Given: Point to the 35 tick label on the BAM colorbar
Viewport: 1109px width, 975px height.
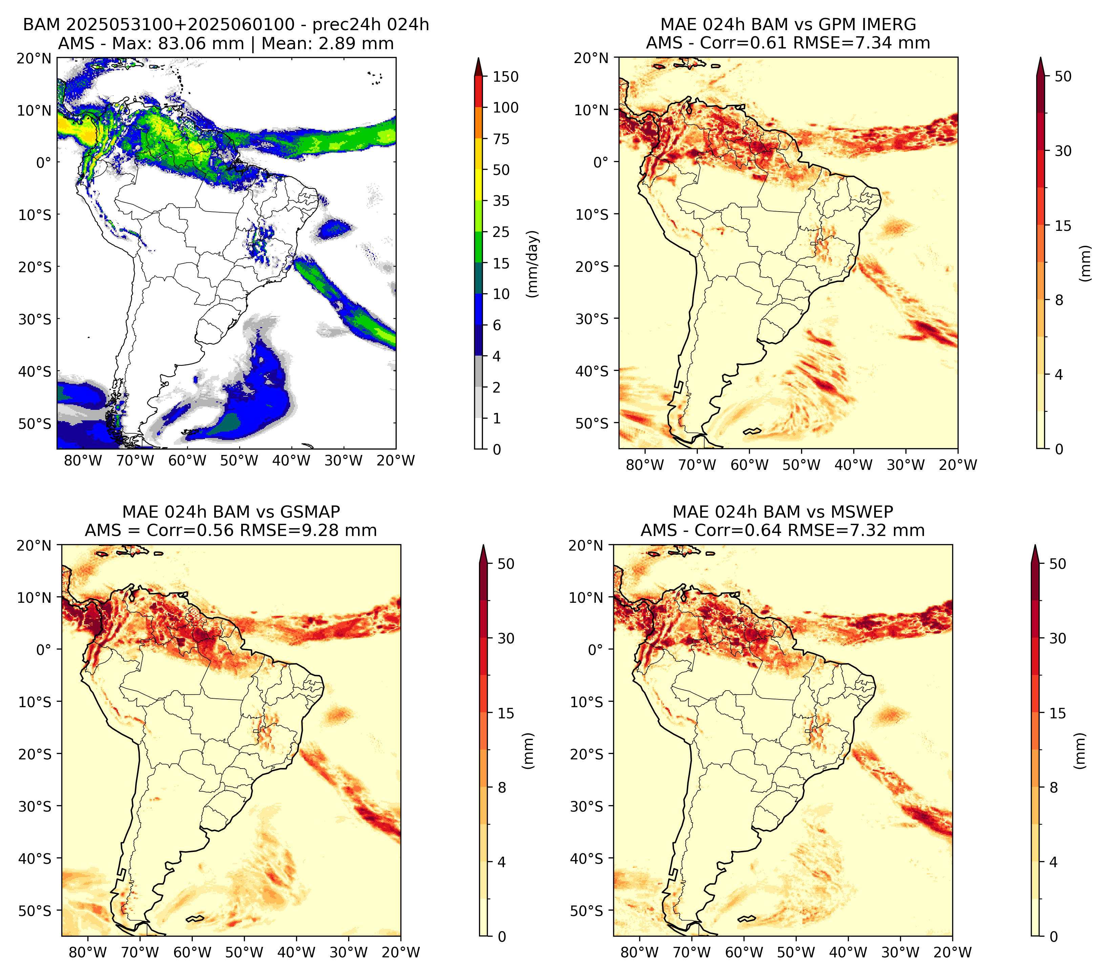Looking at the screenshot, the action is (501, 201).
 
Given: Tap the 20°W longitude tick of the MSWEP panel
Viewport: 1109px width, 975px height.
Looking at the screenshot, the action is (952, 952).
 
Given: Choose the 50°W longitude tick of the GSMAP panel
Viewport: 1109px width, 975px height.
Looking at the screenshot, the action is (244, 952).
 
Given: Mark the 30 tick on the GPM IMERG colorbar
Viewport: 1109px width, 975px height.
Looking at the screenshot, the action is (1063, 151).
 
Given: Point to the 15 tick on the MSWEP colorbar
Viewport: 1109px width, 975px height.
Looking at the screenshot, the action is (1058, 713).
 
